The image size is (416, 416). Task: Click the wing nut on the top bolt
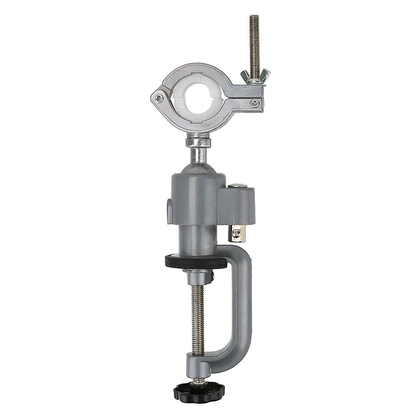click(x=255, y=75)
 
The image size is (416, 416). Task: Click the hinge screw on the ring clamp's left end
click(x=159, y=98)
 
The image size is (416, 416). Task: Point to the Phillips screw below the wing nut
click(x=255, y=102)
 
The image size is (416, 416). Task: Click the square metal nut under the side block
click(x=237, y=233)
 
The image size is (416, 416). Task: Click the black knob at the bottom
click(x=199, y=390)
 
